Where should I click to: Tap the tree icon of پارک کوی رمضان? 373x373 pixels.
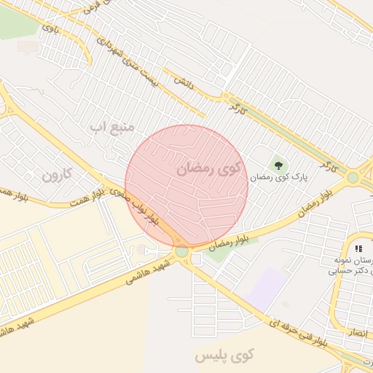[278, 163]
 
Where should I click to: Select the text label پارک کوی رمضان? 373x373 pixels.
[280, 176]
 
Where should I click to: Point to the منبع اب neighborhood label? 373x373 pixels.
[112, 127]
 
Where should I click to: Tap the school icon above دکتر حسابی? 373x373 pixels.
[358, 249]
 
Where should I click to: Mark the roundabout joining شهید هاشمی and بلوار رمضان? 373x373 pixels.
[181, 251]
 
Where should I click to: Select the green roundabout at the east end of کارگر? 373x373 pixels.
[353, 177]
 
